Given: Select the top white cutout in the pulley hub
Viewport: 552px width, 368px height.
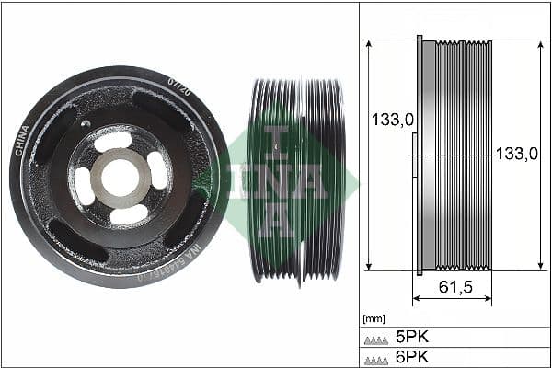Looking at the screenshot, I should [x=112, y=141].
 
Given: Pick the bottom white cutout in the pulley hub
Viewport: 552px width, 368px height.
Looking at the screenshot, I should [x=128, y=213].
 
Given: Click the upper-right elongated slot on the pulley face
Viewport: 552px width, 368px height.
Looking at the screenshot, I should [x=162, y=109].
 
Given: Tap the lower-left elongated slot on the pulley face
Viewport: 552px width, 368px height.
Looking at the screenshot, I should [x=73, y=242].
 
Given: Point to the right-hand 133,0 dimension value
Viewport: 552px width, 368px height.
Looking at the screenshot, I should [x=516, y=155].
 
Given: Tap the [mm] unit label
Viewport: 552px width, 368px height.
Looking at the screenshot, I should [x=374, y=318].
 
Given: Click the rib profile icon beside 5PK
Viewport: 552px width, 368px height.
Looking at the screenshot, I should [x=376, y=338].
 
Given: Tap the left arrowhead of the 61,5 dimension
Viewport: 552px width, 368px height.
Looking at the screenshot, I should [x=416, y=299].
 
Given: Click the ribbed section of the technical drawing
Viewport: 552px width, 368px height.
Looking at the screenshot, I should [x=463, y=155].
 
